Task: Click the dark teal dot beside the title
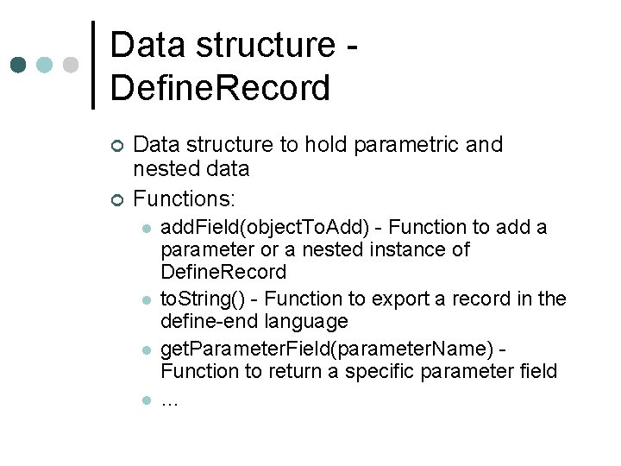coord(18,66)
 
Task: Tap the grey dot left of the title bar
coord(71,66)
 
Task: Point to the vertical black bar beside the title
coord(93,65)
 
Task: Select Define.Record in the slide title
coord(220,88)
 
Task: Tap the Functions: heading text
coord(184,199)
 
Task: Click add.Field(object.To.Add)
coord(271,228)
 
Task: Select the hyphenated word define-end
coord(204,322)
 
